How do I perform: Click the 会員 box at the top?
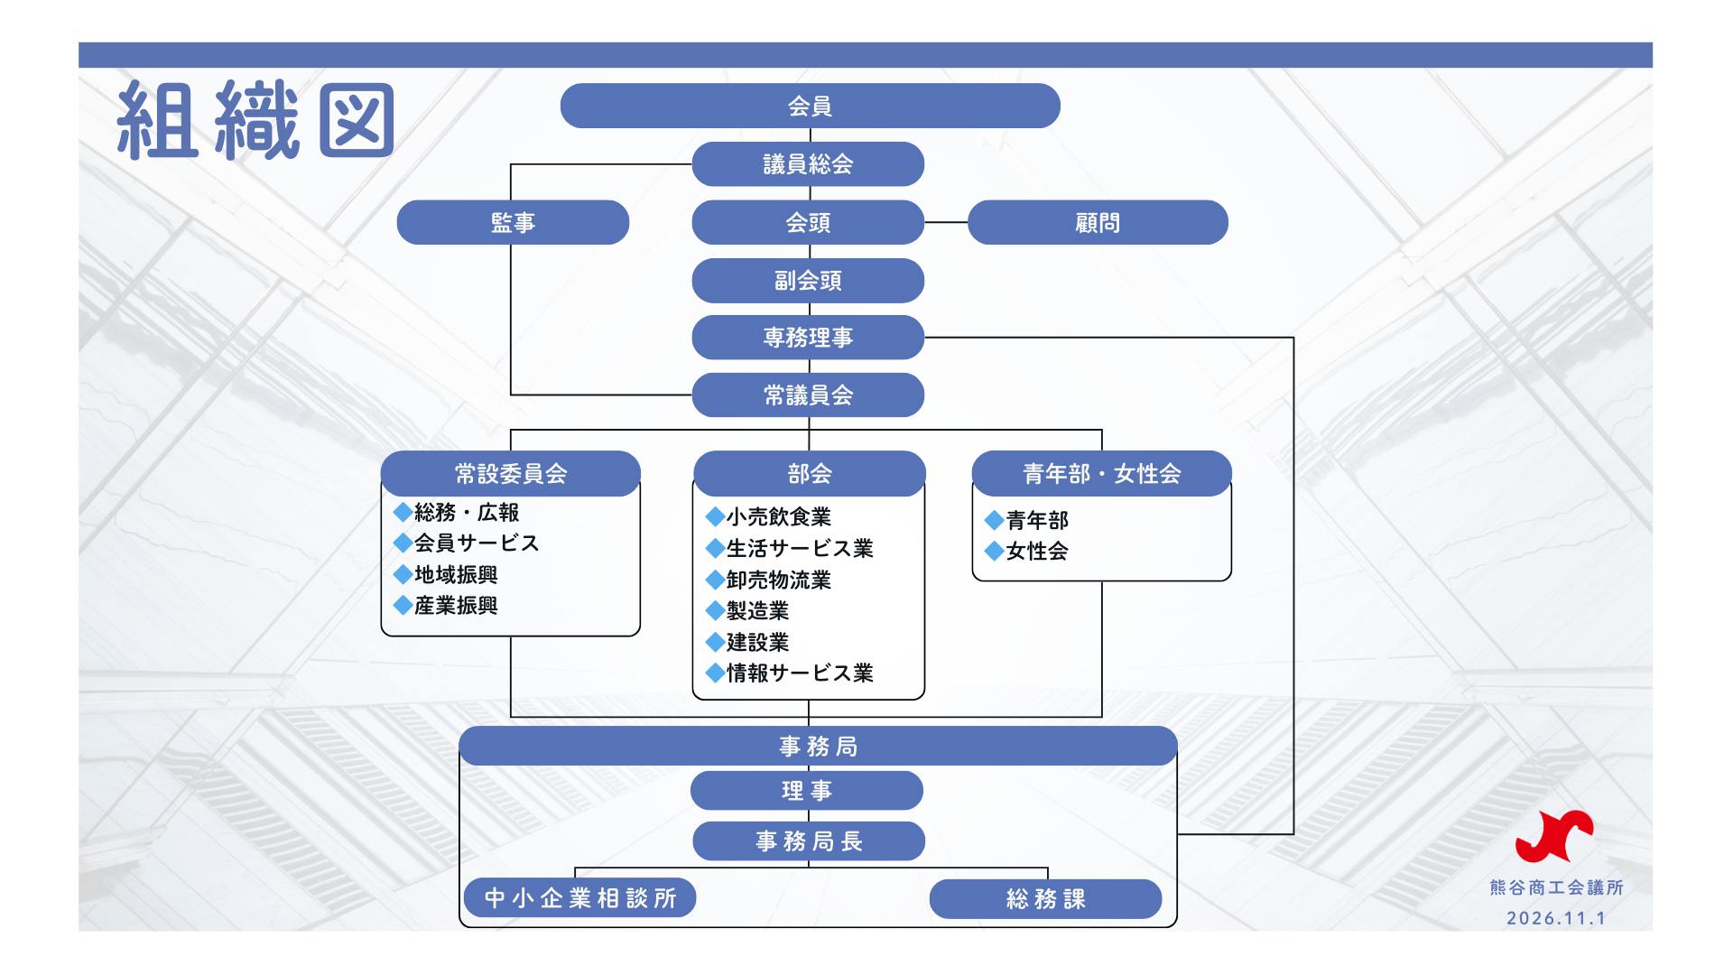pyautogui.click(x=810, y=107)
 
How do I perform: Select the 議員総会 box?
pyautogui.click(x=808, y=164)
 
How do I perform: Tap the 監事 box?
pyautogui.click(x=513, y=223)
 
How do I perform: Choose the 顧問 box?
pyautogui.click(x=1098, y=223)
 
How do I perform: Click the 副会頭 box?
pyautogui.click(x=808, y=281)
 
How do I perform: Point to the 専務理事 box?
pyautogui.click(x=808, y=338)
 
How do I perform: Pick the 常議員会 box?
pyautogui.click(x=808, y=395)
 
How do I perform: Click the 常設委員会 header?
pyautogui.click(x=511, y=474)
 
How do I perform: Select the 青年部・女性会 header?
pyautogui.click(x=1101, y=474)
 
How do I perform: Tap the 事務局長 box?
pyautogui.click(x=809, y=841)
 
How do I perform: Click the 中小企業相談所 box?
pyautogui.click(x=579, y=898)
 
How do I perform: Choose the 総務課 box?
pyautogui.click(x=1045, y=899)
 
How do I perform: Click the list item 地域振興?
pyautogui.click(x=456, y=575)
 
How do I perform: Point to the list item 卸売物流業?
pyautogui.click(x=778, y=580)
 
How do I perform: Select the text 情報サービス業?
pyautogui.click(x=800, y=673)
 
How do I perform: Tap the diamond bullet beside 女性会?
pyautogui.click(x=994, y=551)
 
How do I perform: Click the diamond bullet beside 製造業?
pyautogui.click(x=715, y=611)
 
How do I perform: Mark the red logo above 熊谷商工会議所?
pyautogui.click(x=1554, y=836)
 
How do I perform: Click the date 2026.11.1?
pyautogui.click(x=1556, y=918)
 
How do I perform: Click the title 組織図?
pyautogui.click(x=255, y=121)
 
